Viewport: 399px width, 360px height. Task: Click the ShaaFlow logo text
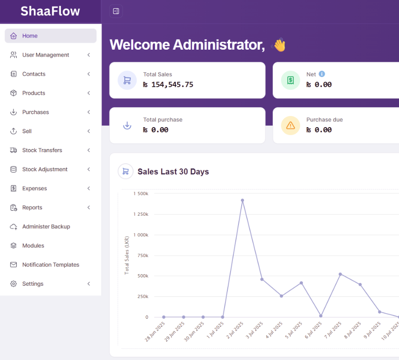tap(50, 11)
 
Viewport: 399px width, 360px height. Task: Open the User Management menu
tap(45, 55)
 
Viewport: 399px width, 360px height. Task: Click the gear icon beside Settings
tap(13, 283)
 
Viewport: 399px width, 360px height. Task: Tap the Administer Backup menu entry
tap(46, 226)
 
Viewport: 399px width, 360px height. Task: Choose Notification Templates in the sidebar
tap(51, 264)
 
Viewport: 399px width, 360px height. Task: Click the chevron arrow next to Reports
tap(89, 208)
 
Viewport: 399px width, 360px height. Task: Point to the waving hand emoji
tap(279, 45)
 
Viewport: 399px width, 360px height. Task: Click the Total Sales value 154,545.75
tap(172, 85)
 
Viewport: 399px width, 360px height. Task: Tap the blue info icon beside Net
tap(322, 74)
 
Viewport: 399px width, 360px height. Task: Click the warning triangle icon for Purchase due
tap(290, 125)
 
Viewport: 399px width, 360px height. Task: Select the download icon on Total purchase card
tap(127, 125)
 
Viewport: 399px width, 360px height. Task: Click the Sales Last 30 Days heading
tap(173, 172)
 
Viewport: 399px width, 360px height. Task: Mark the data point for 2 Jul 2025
tap(243, 200)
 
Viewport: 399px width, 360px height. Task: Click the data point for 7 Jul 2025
tap(340, 274)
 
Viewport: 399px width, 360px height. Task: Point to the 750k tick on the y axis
tap(143, 256)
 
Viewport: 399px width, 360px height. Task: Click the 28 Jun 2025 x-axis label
tap(155, 332)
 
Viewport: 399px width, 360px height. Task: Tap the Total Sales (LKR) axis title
tap(127, 255)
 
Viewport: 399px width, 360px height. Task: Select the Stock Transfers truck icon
tap(13, 150)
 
